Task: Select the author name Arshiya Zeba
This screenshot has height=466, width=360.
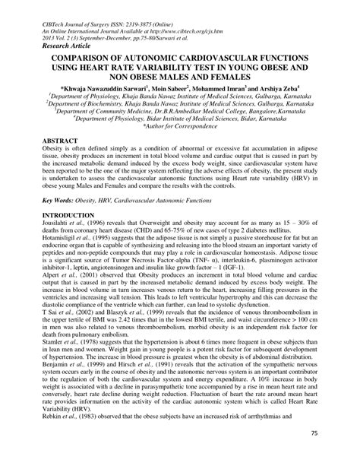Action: [282, 88]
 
